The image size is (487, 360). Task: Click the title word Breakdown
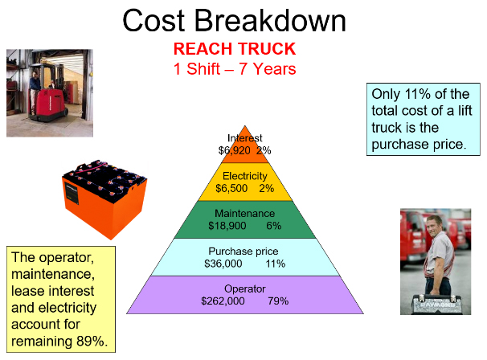point(270,21)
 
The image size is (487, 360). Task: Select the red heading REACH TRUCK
point(235,49)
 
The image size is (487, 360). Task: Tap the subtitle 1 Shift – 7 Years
point(235,69)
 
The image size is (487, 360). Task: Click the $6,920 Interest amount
point(234,150)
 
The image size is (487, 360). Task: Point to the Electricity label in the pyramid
point(245,176)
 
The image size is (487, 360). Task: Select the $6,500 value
point(231,188)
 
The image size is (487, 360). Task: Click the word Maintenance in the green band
point(245,214)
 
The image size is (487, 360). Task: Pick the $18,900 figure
point(227,226)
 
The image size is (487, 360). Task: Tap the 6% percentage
point(273,226)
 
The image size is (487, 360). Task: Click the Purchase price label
point(243,251)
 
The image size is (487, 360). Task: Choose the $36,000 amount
point(223,264)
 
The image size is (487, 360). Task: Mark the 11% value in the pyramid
point(275,264)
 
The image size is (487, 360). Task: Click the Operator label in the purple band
point(245,288)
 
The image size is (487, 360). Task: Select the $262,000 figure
point(223,301)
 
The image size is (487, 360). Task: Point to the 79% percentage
point(278,301)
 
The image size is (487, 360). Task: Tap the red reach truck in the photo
point(48,93)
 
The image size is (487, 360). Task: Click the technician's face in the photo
point(434,225)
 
